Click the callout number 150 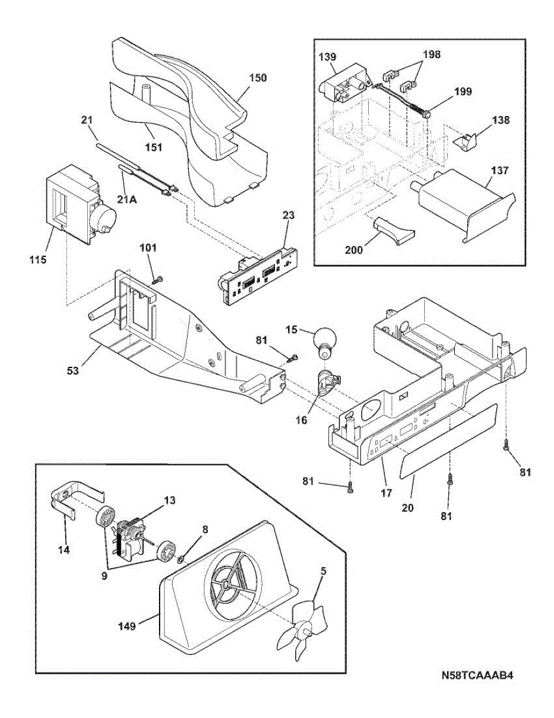pyautogui.click(x=258, y=78)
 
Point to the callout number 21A pyautogui.click(x=127, y=200)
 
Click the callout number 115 pyautogui.click(x=37, y=260)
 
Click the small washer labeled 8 pyautogui.click(x=180, y=560)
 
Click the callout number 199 pyautogui.click(x=463, y=92)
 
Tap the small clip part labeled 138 pyautogui.click(x=465, y=142)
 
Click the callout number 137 pyautogui.click(x=500, y=171)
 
